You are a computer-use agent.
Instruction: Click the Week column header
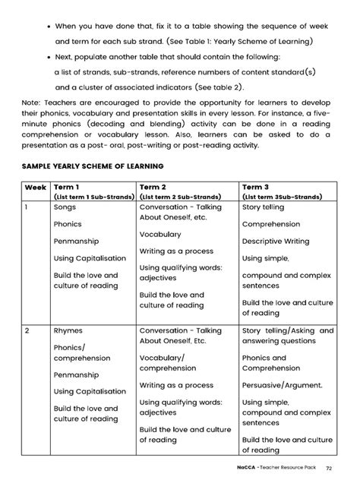[x=35, y=185]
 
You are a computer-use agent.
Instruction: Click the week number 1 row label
[x=27, y=206]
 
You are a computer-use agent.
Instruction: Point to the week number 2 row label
[x=27, y=331]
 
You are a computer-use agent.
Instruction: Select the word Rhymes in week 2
[x=68, y=331]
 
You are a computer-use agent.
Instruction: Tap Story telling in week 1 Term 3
[x=263, y=206]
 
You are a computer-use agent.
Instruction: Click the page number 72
[x=328, y=468]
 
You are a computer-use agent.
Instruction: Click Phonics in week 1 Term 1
[x=68, y=224]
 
